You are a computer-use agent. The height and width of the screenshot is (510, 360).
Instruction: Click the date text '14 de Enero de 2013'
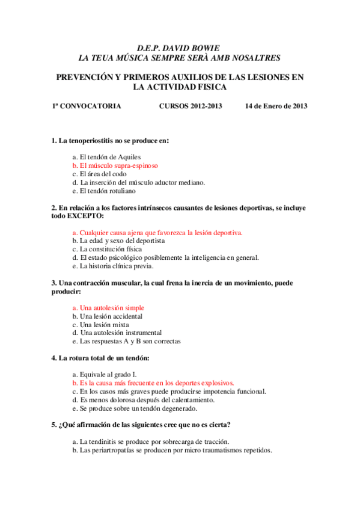(276, 106)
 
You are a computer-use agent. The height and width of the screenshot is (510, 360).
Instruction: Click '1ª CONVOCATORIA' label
(86, 106)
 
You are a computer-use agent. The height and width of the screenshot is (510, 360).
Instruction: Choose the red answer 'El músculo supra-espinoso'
(115, 165)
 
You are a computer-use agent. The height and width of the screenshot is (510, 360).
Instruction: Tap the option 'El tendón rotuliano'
(108, 191)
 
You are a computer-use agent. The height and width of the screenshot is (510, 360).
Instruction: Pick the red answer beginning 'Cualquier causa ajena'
(157, 232)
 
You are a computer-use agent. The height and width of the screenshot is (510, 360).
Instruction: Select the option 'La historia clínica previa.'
(113, 266)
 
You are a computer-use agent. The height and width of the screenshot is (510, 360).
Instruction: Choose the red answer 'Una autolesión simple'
(108, 307)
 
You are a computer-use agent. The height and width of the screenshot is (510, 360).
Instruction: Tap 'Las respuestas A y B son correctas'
(126, 341)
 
